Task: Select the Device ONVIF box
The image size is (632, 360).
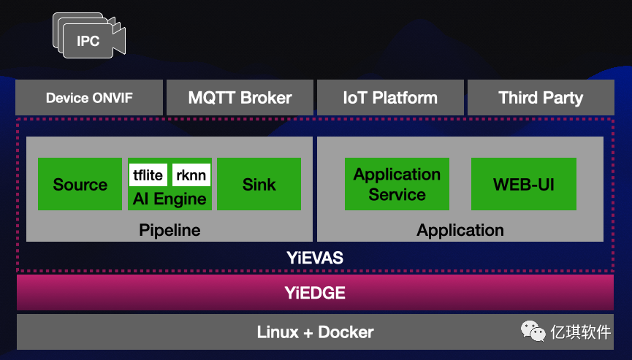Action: [89, 98]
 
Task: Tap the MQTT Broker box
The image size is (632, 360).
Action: [240, 98]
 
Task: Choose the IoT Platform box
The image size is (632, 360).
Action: [390, 98]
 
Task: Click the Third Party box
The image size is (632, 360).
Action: [541, 98]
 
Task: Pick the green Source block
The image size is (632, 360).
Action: [80, 184]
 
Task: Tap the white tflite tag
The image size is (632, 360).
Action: [148, 175]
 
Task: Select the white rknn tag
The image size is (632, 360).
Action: [191, 175]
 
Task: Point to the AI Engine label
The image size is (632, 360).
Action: [170, 199]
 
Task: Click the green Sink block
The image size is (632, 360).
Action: [259, 184]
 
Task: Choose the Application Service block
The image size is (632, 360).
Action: [397, 184]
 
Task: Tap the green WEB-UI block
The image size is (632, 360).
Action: [523, 184]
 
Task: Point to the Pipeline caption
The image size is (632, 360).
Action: [170, 231]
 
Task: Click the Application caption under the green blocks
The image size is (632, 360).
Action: [460, 231]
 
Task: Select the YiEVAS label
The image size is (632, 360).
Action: [315, 258]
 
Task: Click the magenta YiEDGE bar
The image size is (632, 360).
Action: [315, 294]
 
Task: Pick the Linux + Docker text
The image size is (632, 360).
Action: [315, 332]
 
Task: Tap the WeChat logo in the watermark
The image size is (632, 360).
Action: [533, 332]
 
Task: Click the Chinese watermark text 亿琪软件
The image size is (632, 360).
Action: [581, 332]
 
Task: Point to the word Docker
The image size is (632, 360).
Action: [346, 332]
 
